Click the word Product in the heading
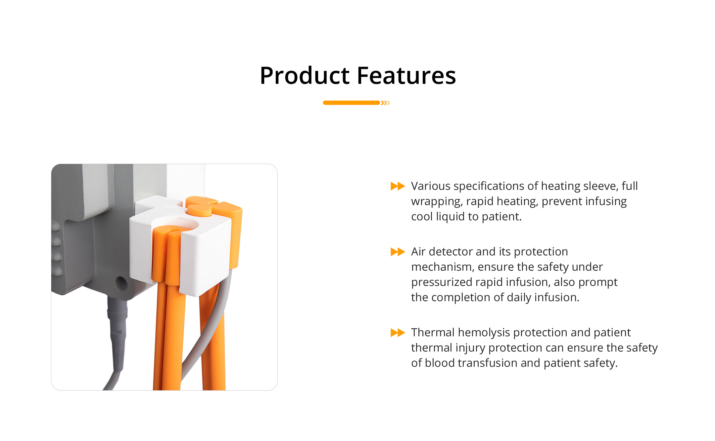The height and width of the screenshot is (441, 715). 305,75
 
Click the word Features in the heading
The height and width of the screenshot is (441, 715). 406,75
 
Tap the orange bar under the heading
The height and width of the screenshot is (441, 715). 351,103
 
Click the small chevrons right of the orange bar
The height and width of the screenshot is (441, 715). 385,103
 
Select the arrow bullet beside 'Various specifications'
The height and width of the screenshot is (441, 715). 398,186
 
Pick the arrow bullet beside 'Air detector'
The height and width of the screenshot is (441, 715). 398,252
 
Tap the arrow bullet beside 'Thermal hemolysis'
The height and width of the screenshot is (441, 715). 398,332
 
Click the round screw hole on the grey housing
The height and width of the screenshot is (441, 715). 121,283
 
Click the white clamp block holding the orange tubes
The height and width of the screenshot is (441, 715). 180,245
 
